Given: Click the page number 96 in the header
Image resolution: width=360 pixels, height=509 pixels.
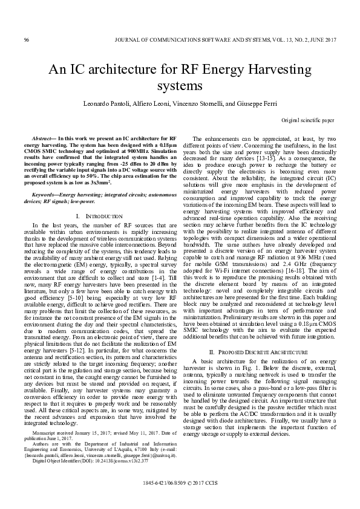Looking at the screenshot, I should pyautogui.click(x=27, y=40).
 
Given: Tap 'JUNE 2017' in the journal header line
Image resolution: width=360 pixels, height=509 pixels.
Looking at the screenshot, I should pyautogui.click(x=319, y=40).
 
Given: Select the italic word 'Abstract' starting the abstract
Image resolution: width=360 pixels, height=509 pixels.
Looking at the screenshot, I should pyautogui.click(x=42, y=138).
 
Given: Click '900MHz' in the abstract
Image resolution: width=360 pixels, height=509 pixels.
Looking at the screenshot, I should pyautogui.click(x=131, y=151).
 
